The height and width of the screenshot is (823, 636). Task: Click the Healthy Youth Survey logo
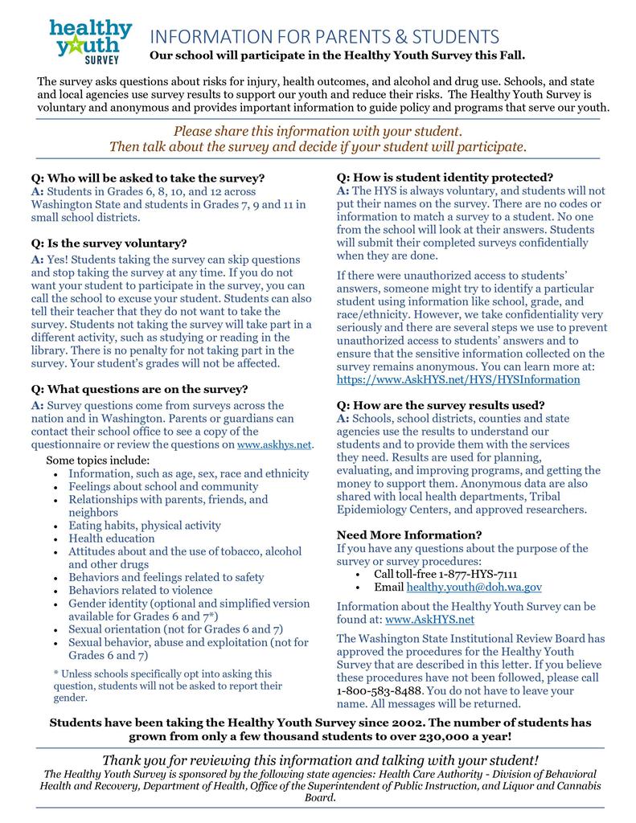(x=90, y=43)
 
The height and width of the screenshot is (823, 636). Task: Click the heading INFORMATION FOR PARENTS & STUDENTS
(x=324, y=37)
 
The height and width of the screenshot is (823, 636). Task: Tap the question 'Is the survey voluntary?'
(x=109, y=243)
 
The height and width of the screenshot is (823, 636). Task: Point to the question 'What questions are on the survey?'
(x=139, y=389)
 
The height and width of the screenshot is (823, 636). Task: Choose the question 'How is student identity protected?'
(x=445, y=177)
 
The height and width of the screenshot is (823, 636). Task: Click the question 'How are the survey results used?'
(x=441, y=404)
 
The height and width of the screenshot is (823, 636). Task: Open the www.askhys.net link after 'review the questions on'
(x=274, y=444)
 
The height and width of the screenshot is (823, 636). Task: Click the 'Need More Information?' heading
(x=409, y=534)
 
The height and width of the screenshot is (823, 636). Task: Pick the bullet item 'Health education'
(x=112, y=538)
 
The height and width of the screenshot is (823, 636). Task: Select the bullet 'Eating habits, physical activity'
(x=145, y=526)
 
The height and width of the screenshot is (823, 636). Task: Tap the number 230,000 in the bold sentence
(x=443, y=735)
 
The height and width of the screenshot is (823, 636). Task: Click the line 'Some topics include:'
(x=98, y=461)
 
